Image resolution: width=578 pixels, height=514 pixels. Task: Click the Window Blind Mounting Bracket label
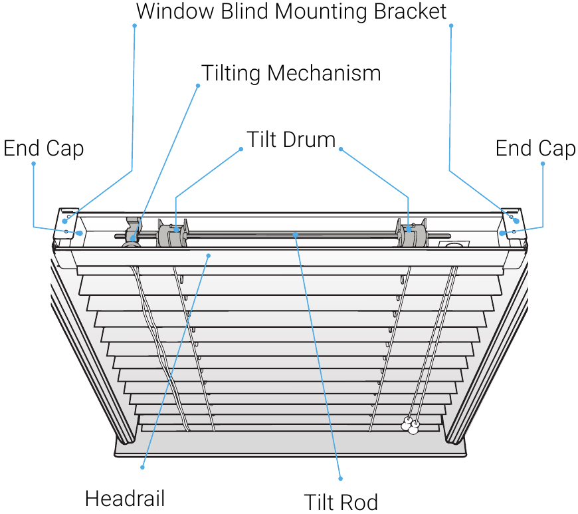[291, 11]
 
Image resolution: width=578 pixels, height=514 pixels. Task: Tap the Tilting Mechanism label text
[291, 73]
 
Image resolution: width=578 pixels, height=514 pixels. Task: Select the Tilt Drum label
[291, 140]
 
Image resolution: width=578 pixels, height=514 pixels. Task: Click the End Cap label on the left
[44, 148]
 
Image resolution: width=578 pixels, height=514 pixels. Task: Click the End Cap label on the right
[535, 148]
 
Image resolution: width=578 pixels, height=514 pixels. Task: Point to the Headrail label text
[125, 499]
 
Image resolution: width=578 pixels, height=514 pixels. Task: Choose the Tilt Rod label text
[341, 502]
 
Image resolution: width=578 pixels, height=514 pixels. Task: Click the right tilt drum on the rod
[412, 233]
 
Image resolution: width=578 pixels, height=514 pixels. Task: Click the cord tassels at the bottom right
[411, 426]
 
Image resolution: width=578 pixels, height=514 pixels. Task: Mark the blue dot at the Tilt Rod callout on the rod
[295, 234]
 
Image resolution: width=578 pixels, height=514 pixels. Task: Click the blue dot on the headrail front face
[209, 256]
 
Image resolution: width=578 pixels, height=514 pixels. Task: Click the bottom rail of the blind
[290, 445]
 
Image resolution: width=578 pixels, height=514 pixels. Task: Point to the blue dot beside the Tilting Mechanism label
[198, 86]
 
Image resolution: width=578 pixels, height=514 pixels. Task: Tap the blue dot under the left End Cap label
[33, 164]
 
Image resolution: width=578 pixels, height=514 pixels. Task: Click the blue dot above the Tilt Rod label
[341, 479]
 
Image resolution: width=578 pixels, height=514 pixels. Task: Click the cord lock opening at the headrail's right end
[454, 245]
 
